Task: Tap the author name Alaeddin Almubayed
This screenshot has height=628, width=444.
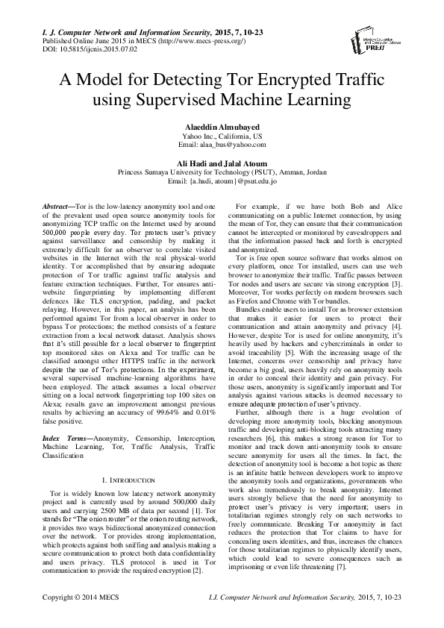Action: pyautogui.click(x=222, y=128)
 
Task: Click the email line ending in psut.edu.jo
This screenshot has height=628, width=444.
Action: pyautogui.click(x=222, y=182)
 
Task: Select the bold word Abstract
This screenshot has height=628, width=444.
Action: pyautogui.click(x=56, y=205)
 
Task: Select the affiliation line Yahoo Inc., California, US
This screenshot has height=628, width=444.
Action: pyautogui.click(x=222, y=138)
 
